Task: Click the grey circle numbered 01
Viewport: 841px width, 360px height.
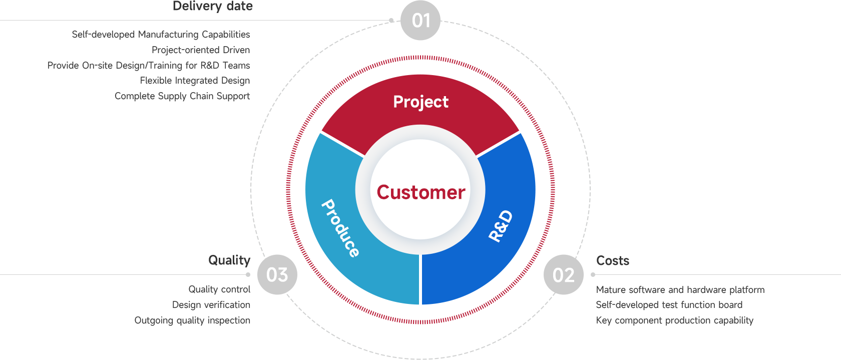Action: point(420,21)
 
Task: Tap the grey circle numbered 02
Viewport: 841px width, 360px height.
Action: point(564,274)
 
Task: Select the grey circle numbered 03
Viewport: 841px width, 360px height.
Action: point(277,274)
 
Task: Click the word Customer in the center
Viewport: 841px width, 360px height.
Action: point(420,192)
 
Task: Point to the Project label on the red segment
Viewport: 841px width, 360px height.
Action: point(420,102)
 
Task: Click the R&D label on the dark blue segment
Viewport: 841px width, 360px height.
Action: point(501,226)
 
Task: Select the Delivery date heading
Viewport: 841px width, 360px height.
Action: point(212,7)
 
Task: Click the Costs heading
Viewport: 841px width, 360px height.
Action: point(612,261)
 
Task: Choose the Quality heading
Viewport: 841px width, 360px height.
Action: point(229,260)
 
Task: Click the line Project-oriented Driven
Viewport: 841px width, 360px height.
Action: point(201,50)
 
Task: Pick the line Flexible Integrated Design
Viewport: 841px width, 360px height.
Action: point(195,81)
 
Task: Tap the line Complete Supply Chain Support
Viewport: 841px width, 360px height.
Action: point(182,96)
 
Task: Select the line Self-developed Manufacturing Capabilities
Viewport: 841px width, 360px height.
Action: point(161,35)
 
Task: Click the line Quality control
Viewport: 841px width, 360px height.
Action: point(219,289)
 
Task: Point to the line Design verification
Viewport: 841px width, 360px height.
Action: point(211,305)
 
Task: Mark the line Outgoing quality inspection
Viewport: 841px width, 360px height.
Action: point(192,320)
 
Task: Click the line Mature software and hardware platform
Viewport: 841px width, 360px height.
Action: point(680,290)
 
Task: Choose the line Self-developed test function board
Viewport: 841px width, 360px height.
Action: point(669,305)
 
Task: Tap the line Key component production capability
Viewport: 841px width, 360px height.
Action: point(674,320)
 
